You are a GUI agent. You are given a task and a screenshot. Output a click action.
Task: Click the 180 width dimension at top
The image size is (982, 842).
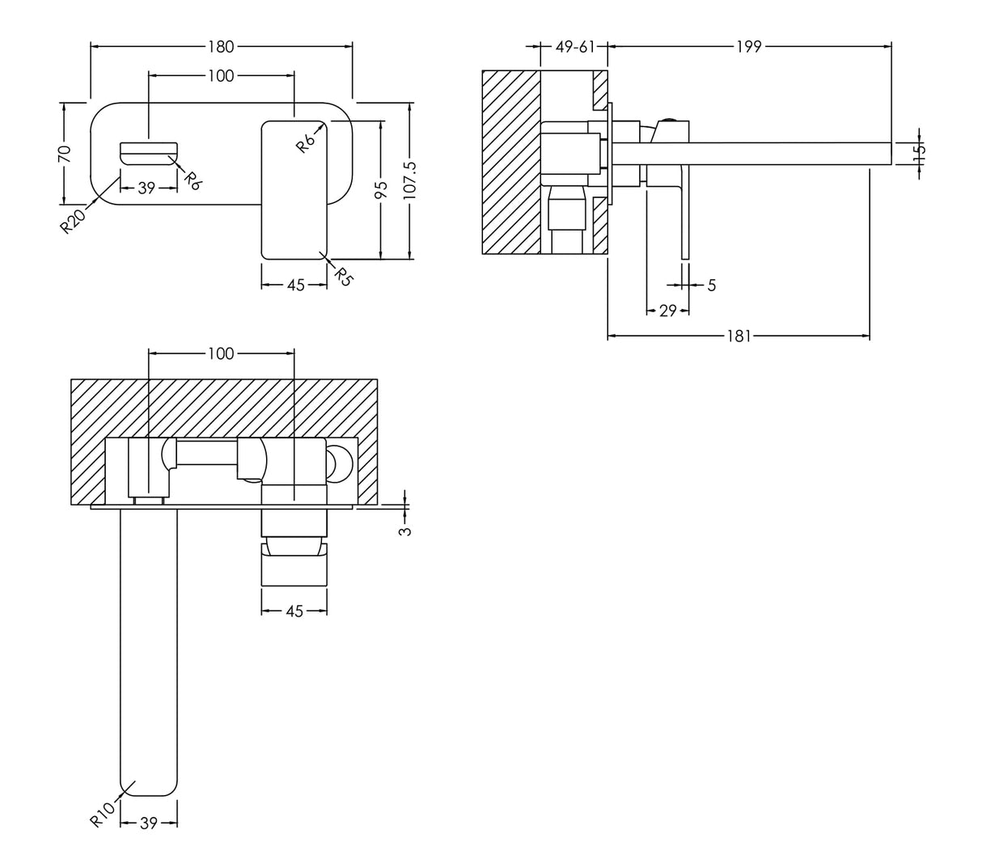pyautogui.click(x=221, y=47)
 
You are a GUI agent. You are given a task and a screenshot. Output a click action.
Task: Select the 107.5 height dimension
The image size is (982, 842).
pyautogui.click(x=409, y=180)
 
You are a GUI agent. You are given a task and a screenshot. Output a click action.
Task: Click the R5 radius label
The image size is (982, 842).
pyautogui.click(x=344, y=277)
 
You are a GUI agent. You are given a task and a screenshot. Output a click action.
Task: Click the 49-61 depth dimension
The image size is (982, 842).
pyautogui.click(x=574, y=47)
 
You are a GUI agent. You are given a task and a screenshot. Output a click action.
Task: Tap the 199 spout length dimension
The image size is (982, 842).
pyautogui.click(x=749, y=47)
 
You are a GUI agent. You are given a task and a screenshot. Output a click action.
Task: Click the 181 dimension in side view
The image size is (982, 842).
pyautogui.click(x=738, y=336)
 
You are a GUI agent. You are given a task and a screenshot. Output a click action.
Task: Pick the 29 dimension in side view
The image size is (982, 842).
pyautogui.click(x=667, y=311)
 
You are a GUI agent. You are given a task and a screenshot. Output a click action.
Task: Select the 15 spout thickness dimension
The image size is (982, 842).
pyautogui.click(x=920, y=151)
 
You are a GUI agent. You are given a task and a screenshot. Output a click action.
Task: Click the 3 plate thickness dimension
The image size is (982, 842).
pyautogui.click(x=406, y=531)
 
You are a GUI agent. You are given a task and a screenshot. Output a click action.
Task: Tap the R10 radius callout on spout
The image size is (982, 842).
pyautogui.click(x=99, y=812)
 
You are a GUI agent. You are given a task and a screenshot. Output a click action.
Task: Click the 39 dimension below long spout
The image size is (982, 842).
pyautogui.click(x=148, y=823)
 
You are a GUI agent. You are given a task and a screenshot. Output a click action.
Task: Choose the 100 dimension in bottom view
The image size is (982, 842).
pyautogui.click(x=221, y=353)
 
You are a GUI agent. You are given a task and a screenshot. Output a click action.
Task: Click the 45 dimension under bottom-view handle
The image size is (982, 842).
pyautogui.click(x=294, y=611)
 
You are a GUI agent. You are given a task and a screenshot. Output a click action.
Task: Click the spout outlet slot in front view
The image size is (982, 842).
pyautogui.click(x=148, y=150)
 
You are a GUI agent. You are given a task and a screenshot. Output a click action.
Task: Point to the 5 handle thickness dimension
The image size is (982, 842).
pyautogui.click(x=711, y=285)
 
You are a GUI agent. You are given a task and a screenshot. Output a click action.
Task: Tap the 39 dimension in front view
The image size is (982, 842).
pyautogui.click(x=146, y=188)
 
